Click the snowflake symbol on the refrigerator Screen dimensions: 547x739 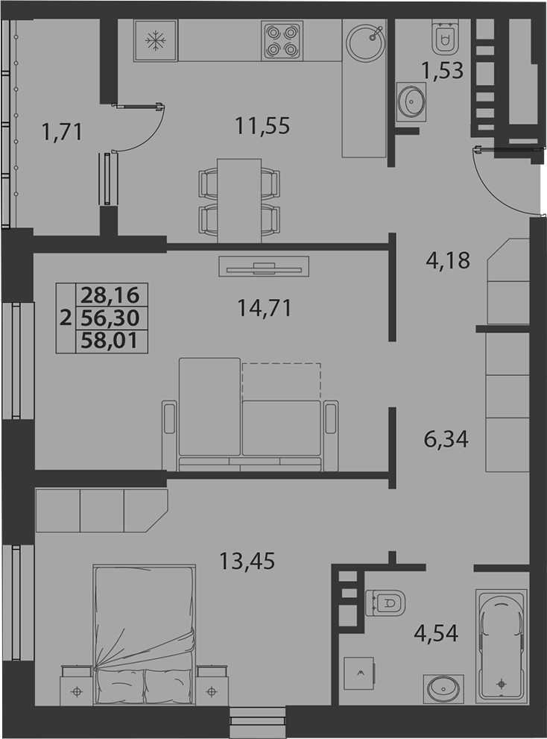coord(155,40)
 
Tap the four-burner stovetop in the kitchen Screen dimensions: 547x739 coord(282,41)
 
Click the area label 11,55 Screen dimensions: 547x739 coord(262,126)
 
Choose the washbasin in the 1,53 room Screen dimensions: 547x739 coord(411,102)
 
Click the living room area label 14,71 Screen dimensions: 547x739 coord(265,308)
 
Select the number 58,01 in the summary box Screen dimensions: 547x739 coord(111,341)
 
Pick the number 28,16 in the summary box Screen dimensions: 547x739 coord(111,295)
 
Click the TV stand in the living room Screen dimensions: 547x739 coord(264,267)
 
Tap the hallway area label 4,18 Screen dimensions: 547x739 coord(448,260)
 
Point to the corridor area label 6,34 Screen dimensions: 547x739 coord(446,439)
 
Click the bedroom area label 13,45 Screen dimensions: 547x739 coord(247,561)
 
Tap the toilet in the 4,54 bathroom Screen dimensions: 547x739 coord(385,603)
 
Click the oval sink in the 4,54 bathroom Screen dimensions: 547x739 coord(443,688)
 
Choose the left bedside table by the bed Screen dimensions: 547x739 coord(77,685)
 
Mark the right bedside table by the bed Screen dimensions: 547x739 coord(212,685)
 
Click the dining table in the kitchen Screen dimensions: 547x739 coord(239,201)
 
